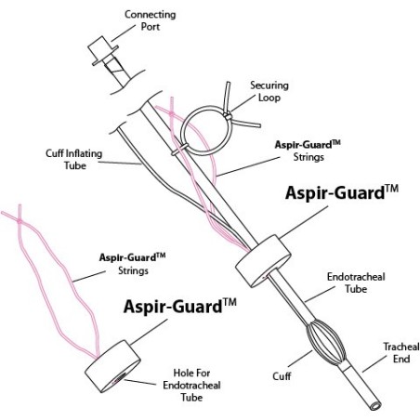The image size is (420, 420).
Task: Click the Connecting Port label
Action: point(151,20)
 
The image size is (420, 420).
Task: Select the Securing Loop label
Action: point(269,91)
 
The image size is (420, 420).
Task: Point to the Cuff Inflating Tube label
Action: point(74,159)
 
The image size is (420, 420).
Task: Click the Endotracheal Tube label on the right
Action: point(356,282)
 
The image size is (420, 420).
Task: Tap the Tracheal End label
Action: point(401,352)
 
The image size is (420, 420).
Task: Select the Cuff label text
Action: point(282,376)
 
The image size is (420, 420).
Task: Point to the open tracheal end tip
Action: point(375,405)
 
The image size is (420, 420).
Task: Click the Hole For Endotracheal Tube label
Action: point(191,385)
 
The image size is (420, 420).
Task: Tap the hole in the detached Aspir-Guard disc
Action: point(119,378)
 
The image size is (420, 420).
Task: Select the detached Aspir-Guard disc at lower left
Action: point(112,366)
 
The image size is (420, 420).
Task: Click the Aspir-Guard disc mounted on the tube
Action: point(263,261)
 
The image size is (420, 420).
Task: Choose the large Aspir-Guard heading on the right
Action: point(342,192)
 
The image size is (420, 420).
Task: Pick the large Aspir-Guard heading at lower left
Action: point(179,307)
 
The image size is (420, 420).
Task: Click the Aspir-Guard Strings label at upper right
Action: point(308,151)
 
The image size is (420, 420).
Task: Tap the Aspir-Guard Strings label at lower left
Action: point(133,264)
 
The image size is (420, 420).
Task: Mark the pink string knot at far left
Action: point(20,220)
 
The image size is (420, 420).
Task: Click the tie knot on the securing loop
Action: point(228,116)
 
